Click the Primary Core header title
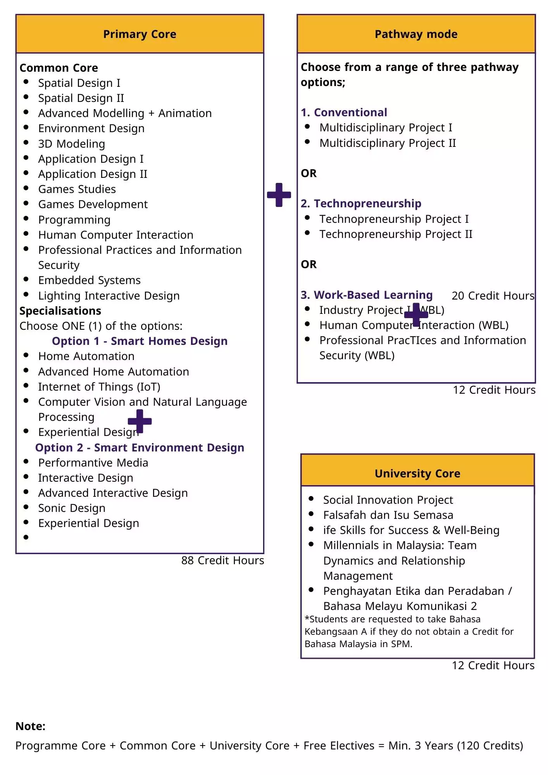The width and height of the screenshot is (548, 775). tap(140, 34)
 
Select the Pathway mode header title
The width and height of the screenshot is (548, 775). tap(416, 34)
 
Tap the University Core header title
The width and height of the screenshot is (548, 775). tap(417, 474)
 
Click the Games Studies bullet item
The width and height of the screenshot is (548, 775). tap(77, 189)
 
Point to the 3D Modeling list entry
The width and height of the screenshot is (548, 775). tap(71, 144)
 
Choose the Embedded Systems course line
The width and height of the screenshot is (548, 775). tap(89, 280)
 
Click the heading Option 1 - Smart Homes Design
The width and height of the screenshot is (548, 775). tap(140, 341)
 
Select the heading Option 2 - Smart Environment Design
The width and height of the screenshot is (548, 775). tap(140, 448)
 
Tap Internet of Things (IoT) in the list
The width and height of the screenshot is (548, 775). tap(99, 387)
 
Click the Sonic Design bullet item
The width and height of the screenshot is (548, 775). tap(71, 508)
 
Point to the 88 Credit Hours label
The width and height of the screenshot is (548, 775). tap(222, 560)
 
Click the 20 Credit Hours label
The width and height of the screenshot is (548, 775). tap(493, 296)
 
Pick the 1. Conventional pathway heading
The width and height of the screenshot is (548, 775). tap(344, 112)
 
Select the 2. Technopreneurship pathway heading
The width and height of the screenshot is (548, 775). tap(361, 203)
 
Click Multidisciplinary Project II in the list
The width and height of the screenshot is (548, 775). tap(388, 143)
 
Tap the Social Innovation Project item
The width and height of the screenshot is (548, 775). tap(388, 500)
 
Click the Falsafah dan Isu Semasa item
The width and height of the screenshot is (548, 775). tap(388, 515)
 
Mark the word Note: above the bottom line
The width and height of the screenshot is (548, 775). tap(30, 726)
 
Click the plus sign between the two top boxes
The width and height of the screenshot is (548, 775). tap(279, 195)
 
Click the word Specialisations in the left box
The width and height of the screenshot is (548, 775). tap(60, 311)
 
